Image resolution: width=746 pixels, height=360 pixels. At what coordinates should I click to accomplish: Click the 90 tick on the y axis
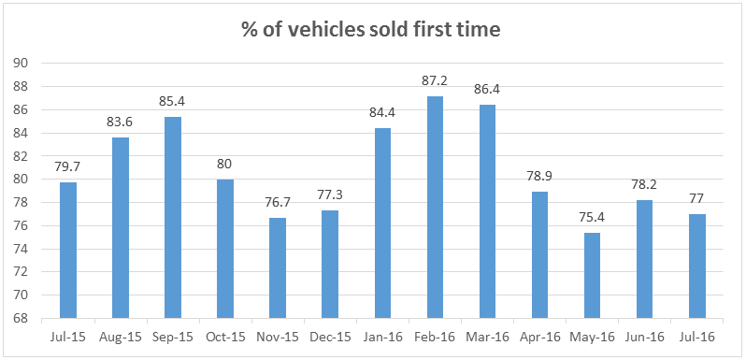coord(21,64)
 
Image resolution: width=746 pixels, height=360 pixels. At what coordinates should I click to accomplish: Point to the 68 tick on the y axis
coord(21,318)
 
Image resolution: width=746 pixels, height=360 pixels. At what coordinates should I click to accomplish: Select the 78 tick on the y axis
coord(21,202)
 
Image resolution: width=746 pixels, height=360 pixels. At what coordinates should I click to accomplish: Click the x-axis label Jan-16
coord(382,337)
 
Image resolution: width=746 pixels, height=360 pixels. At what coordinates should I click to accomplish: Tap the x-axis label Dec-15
coord(329,337)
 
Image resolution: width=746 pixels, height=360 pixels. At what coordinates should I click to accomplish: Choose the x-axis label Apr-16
coord(539,337)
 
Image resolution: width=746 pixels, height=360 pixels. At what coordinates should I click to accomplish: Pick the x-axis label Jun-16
coord(645,337)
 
